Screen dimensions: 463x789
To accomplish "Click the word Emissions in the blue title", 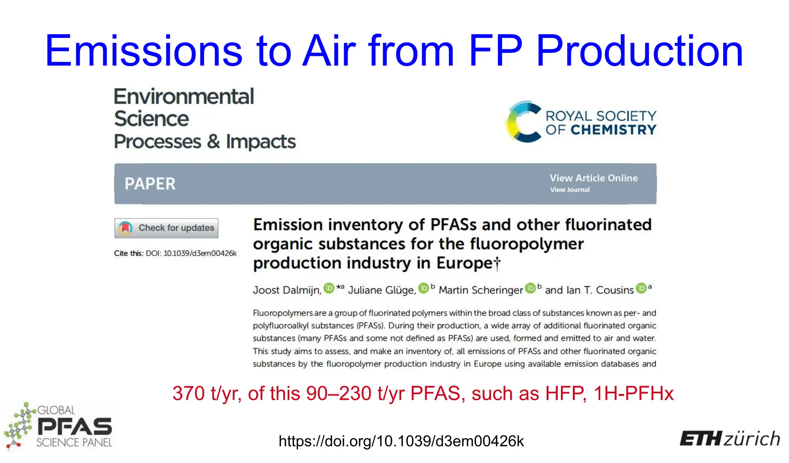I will [143, 51].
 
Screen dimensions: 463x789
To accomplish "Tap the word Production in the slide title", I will [640, 51].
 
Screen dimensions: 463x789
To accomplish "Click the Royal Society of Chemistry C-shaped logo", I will [523, 121].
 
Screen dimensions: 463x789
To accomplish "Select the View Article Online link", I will [593, 178].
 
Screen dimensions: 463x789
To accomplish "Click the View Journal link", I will [569, 190].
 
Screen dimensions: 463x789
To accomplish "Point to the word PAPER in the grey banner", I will [150, 184].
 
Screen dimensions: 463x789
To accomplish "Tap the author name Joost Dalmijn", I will [287, 290].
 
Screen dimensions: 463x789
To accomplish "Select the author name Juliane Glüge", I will [382, 290].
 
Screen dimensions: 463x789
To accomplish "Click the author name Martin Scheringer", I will [481, 290].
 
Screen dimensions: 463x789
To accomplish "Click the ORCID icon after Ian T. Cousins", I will [641, 288].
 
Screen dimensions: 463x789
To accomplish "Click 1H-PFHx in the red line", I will [633, 394].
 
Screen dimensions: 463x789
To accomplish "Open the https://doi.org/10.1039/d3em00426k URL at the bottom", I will [401, 441].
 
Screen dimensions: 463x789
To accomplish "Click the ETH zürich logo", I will [730, 439].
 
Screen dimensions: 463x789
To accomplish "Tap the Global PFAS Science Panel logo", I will [59, 426].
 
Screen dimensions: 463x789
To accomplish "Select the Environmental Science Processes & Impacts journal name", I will [204, 119].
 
